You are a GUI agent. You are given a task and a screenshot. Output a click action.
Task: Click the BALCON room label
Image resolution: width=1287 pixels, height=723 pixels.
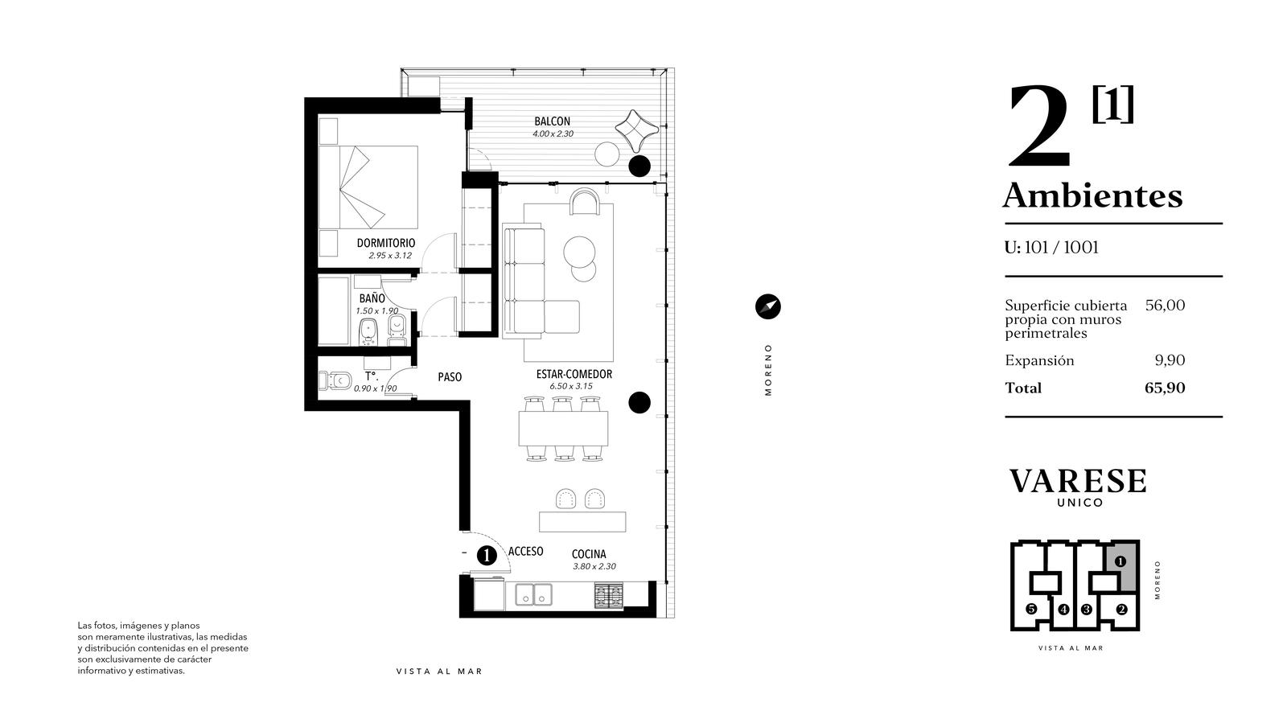click(x=552, y=121)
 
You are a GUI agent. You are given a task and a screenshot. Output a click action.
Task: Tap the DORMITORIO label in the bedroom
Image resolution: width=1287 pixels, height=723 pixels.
click(x=386, y=243)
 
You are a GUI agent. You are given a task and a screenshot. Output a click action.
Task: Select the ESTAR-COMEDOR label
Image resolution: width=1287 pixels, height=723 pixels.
click(x=574, y=374)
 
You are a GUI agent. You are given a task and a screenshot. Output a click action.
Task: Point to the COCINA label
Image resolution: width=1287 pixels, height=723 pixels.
click(x=589, y=554)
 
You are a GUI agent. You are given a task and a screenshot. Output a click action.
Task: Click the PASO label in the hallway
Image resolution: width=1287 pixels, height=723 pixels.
click(x=450, y=376)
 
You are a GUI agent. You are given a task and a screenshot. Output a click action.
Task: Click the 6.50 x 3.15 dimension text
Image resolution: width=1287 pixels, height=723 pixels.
click(x=571, y=387)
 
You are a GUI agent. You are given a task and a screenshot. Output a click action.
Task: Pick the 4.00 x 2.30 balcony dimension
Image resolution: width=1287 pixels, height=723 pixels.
click(x=553, y=134)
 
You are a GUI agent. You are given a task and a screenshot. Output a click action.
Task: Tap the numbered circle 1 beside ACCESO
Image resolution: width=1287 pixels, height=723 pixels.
click(x=487, y=556)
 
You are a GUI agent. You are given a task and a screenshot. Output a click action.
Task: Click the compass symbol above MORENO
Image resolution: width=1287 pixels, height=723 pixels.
click(x=767, y=306)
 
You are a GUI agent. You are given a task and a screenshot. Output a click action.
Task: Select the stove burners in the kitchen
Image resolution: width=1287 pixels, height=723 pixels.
click(x=609, y=595)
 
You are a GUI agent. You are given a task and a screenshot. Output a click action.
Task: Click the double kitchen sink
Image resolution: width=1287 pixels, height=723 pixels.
click(x=534, y=594)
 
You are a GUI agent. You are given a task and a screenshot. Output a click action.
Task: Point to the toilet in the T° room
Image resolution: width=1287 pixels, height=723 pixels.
click(x=335, y=380)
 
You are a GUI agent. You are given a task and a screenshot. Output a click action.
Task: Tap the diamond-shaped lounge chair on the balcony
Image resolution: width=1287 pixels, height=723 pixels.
click(x=635, y=130)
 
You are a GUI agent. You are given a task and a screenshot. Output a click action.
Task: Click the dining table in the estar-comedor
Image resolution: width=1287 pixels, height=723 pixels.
click(x=563, y=429)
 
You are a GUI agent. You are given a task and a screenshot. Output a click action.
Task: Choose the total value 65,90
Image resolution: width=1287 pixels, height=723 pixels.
click(x=1165, y=388)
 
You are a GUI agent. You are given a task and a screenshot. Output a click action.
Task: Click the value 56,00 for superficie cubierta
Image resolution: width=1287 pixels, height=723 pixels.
click(x=1166, y=305)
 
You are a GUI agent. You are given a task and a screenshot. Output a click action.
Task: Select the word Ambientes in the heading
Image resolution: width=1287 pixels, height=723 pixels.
click(x=1093, y=195)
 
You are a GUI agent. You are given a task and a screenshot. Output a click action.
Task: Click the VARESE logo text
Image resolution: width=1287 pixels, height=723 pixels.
click(x=1078, y=481)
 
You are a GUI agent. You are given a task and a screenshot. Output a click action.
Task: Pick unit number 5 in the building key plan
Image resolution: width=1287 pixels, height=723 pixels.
click(x=1031, y=610)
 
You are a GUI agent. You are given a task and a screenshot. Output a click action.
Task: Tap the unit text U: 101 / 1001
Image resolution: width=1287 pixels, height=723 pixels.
click(x=1051, y=248)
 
